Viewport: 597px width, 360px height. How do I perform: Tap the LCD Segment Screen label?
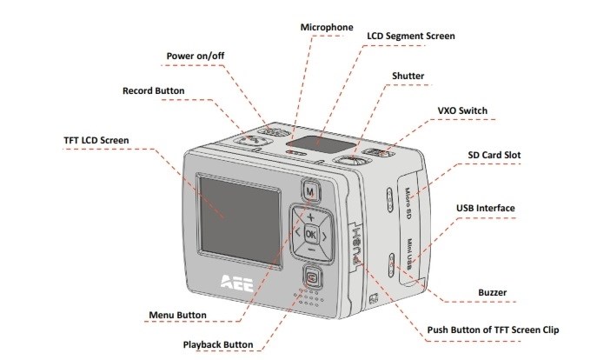tap(411, 37)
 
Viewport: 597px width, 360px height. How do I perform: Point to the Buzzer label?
tap(494, 292)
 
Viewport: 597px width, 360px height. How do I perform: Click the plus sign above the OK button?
tap(310, 215)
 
